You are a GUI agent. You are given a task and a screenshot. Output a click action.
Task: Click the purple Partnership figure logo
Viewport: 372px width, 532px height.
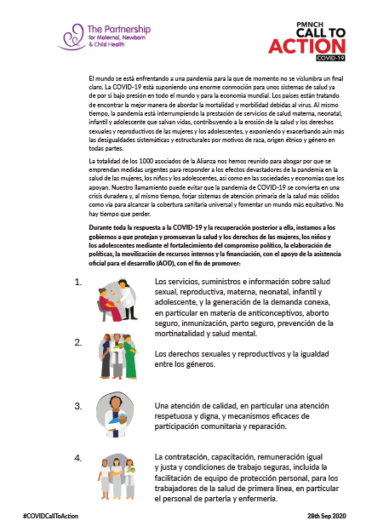pyautogui.click(x=72, y=37)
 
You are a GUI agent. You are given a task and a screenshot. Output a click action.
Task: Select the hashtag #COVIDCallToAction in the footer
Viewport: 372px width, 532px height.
pyautogui.click(x=49, y=517)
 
